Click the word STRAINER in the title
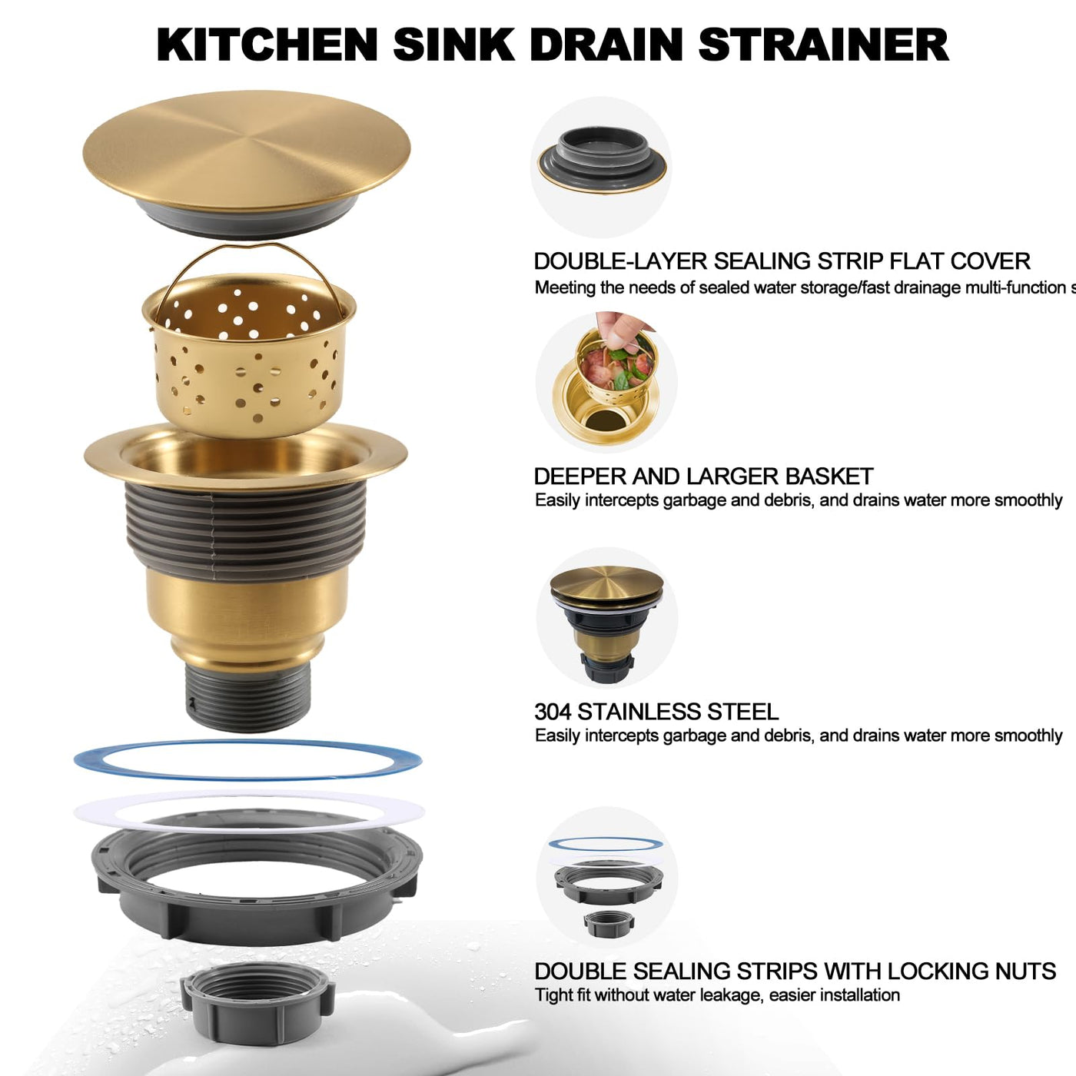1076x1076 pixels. tap(823, 45)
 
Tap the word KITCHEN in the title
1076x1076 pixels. tap(267, 45)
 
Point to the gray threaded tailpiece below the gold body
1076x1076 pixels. tap(247, 697)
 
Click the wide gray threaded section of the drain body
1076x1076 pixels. tap(246, 530)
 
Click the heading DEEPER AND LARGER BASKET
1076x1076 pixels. tap(703, 477)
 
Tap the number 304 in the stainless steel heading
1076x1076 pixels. tap(553, 712)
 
